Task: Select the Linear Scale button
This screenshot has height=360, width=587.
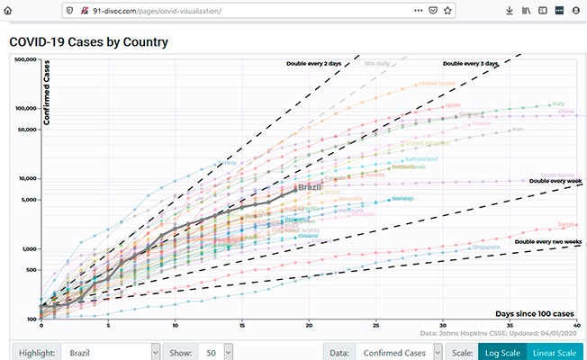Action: point(555,352)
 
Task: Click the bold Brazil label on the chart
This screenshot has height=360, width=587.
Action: point(310,187)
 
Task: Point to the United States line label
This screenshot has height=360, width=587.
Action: point(438,84)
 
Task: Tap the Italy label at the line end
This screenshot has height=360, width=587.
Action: point(558,104)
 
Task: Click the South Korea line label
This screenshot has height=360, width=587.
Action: point(557,175)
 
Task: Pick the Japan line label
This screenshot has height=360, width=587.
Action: point(566,223)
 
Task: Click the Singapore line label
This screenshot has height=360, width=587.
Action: point(486,246)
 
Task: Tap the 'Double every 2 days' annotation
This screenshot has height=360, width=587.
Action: point(314,63)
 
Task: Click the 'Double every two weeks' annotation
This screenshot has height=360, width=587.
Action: point(545,241)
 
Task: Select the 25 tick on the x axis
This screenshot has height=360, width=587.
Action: point(376,325)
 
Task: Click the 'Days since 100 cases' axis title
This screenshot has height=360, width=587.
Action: point(533,312)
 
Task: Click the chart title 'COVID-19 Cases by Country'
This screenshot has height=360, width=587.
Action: point(88,42)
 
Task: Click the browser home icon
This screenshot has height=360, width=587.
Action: point(11,11)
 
